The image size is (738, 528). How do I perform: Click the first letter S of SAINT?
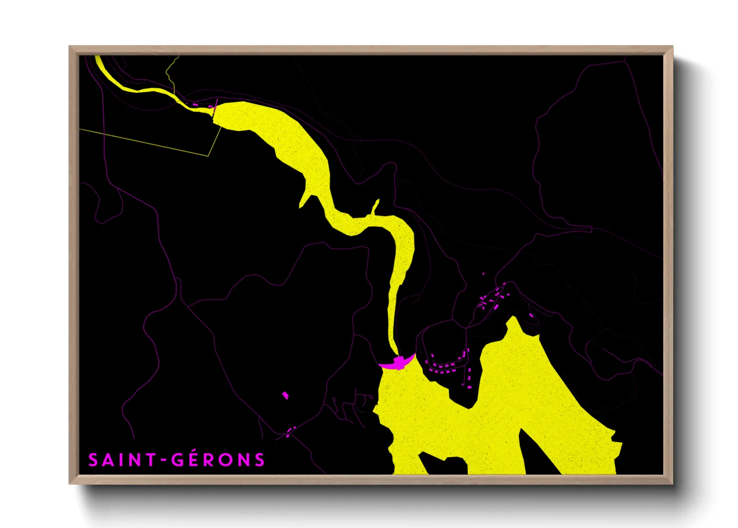pyautogui.click(x=93, y=460)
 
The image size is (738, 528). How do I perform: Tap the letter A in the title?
pyautogui.click(x=108, y=460)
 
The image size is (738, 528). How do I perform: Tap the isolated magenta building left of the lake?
pyautogui.click(x=285, y=395)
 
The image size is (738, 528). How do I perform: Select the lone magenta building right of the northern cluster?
pyautogui.click(x=531, y=315)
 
